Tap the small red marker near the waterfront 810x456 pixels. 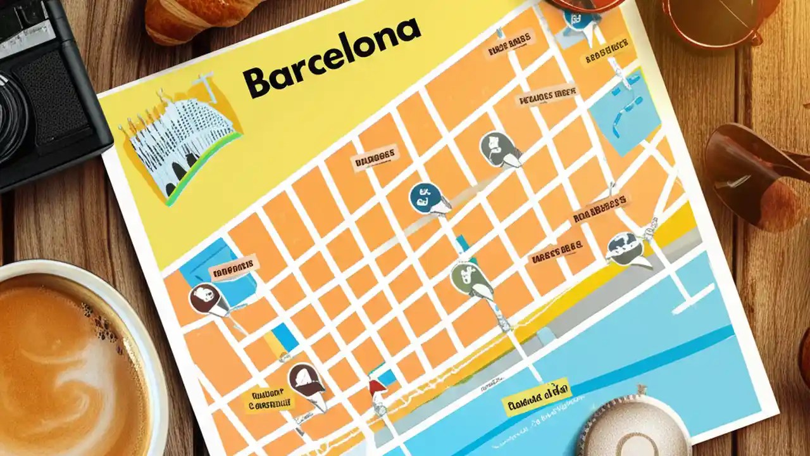point(376,387)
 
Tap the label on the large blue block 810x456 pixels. point(234,269)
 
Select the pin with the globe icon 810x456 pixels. point(623,248)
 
